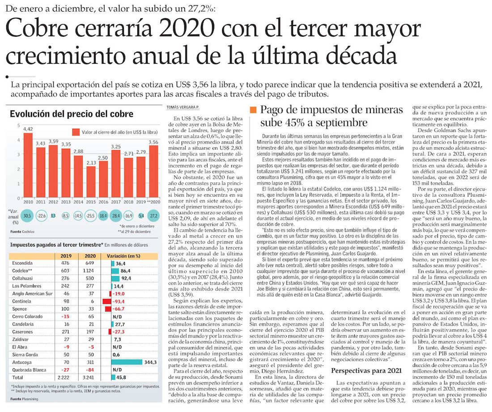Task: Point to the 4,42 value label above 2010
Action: coord(28,129)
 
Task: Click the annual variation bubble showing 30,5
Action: coord(28,216)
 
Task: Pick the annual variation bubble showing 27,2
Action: coord(153,216)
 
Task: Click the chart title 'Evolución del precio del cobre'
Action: coord(72,114)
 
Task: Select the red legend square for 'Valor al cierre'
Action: coord(76,132)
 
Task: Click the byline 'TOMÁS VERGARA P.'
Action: coord(182,107)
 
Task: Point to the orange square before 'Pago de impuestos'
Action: coord(254,110)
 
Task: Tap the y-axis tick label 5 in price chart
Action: coord(18,126)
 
